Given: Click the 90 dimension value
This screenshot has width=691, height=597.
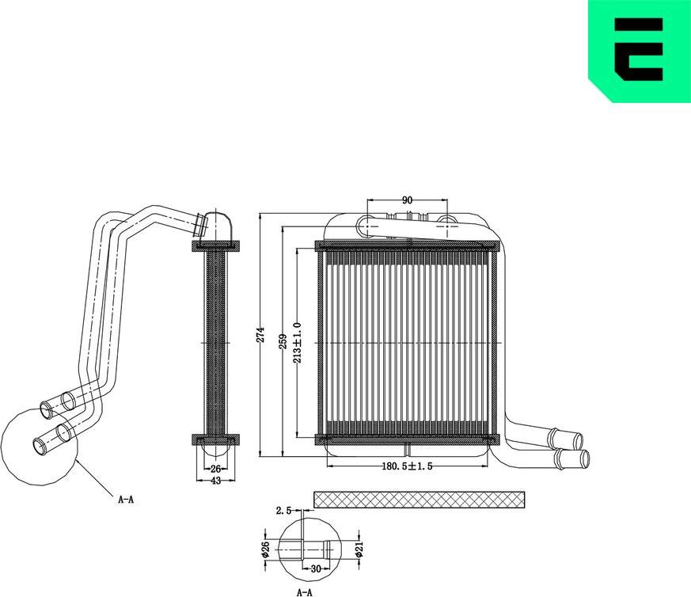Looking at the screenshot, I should (x=408, y=200).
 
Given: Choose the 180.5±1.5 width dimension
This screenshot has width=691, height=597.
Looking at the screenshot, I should (x=406, y=467).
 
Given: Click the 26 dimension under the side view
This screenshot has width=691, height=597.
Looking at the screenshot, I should (x=215, y=469).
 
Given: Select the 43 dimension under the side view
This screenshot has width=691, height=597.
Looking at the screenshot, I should (x=215, y=482).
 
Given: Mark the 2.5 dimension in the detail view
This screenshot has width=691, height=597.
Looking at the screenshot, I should (x=283, y=510).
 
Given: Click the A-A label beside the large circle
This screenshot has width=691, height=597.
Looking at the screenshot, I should (x=125, y=500).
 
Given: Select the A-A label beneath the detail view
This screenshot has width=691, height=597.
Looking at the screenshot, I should (x=305, y=591).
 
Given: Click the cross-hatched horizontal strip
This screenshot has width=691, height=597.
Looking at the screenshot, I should (x=419, y=499).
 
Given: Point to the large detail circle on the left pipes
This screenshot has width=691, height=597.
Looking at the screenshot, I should (x=40, y=449).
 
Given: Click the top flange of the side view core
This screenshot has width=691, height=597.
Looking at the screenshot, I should (x=215, y=246).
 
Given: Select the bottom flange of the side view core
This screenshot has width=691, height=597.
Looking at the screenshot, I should (x=215, y=438).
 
